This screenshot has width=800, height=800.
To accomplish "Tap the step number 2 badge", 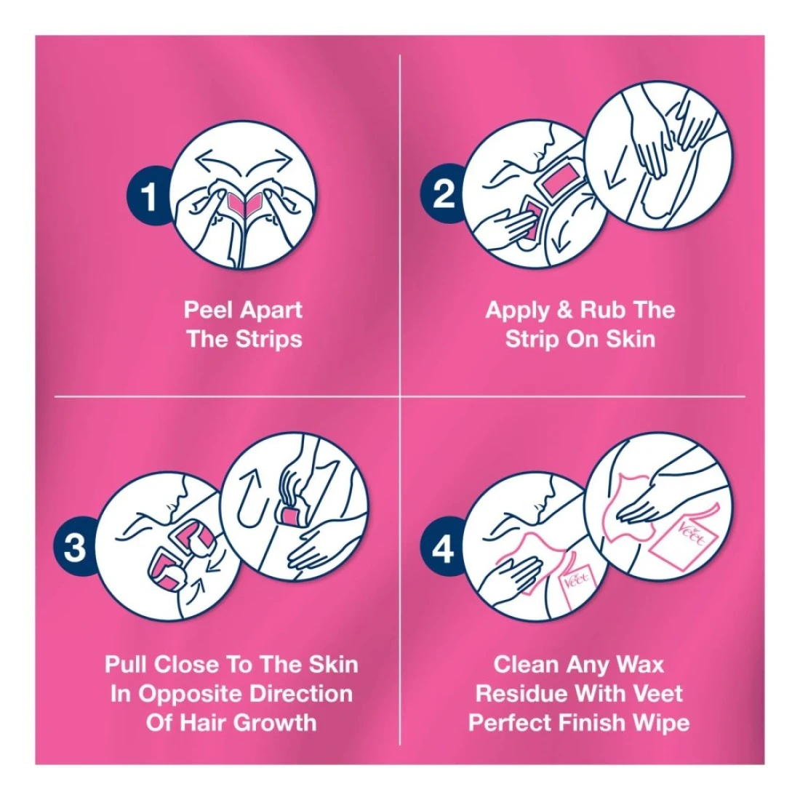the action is click(x=443, y=193).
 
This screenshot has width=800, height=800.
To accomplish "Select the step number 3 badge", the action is click(x=75, y=547).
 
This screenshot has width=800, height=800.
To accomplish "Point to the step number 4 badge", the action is click(x=442, y=548).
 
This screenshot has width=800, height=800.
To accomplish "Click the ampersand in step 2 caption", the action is click(x=565, y=311).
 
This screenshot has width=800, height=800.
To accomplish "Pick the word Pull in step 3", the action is click(x=127, y=664).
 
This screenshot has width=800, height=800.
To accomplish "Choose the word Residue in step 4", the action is click(x=522, y=693).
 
